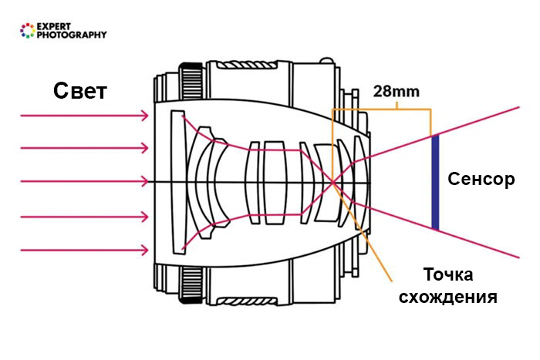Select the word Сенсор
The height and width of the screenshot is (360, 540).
[x=480, y=180]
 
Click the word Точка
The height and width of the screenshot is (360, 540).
[x=448, y=275]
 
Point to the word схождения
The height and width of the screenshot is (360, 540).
[x=448, y=297]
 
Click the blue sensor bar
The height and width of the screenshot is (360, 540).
[x=435, y=182]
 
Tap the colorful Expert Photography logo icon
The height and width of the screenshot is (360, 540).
[x=28, y=31]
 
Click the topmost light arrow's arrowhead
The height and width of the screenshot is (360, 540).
[x=145, y=115]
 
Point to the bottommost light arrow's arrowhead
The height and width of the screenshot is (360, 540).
[x=145, y=249]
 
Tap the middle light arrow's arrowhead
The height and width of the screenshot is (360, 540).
[x=145, y=182]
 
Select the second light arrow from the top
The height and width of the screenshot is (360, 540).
[x=85, y=148]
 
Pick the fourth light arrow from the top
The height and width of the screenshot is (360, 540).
[x=85, y=217]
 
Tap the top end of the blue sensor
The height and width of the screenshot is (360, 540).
[x=435, y=137]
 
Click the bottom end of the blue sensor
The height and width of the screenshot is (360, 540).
[x=435, y=227]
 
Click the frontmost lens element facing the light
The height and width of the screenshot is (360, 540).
[x=179, y=182]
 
